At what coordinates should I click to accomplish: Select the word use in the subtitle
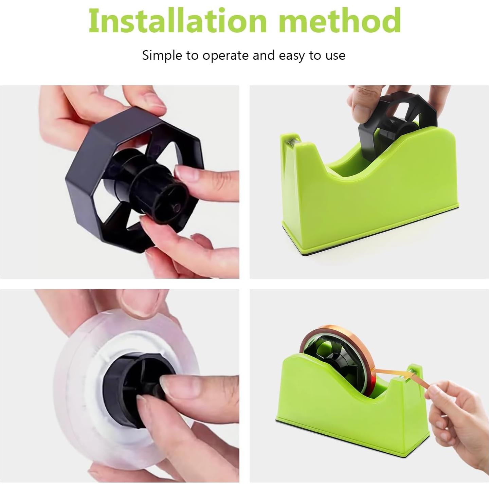point(336,55)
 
